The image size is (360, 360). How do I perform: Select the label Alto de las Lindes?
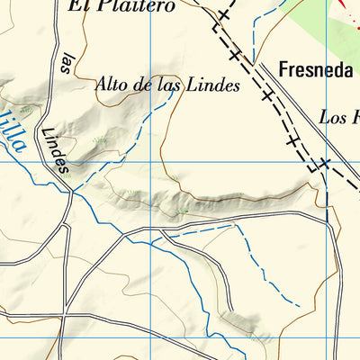[x=167, y=86]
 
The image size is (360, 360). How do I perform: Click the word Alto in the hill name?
[x=112, y=86]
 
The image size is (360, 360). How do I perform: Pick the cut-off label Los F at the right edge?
[x=339, y=117]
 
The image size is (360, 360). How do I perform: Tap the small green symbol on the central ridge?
[x=184, y=211]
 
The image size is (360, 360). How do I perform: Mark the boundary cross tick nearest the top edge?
[x=224, y=15]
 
